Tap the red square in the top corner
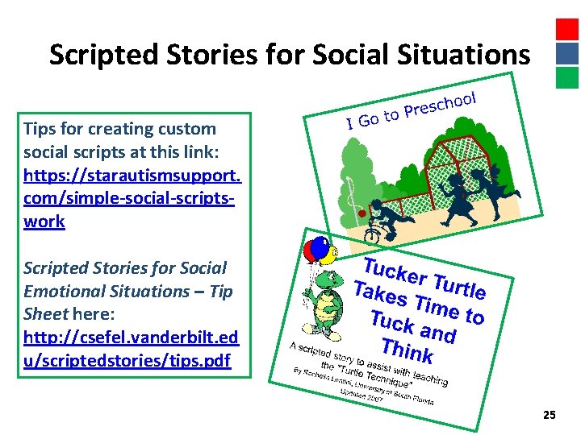[x=567, y=29]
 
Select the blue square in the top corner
[x=567, y=53]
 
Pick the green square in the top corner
[x=567, y=77]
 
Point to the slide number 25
[x=550, y=415]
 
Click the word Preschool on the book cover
[x=439, y=105]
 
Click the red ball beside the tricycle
[x=363, y=213]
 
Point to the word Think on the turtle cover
[x=407, y=352]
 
